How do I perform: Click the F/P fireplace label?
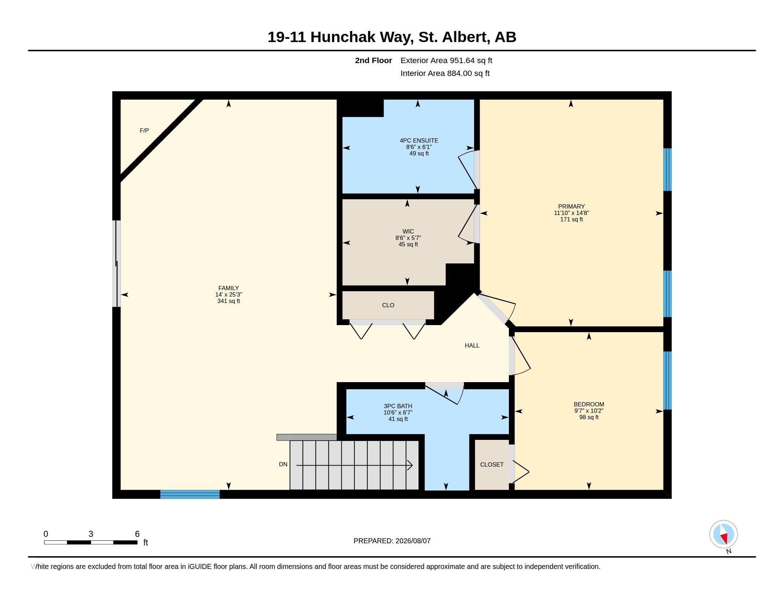coord(144,131)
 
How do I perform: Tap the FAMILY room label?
coord(228,288)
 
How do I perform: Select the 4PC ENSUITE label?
coord(419,140)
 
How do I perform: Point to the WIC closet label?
coord(408,231)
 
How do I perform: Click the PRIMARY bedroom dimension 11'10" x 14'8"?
coord(571,213)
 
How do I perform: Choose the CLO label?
coord(388,305)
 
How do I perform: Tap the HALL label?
coord(472,345)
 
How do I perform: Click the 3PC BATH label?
coord(398,406)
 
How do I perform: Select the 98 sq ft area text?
coord(589,417)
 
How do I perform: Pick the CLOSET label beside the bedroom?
coord(491,464)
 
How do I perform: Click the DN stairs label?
coord(283,464)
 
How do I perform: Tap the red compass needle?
coord(724,538)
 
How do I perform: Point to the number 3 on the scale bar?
coord(91,534)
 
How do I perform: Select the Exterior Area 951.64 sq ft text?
coord(446,60)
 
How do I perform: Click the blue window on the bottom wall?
coord(190,494)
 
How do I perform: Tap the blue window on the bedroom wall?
coord(667,381)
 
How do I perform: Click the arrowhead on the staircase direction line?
coord(410,465)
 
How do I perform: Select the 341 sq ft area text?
coord(228,301)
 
